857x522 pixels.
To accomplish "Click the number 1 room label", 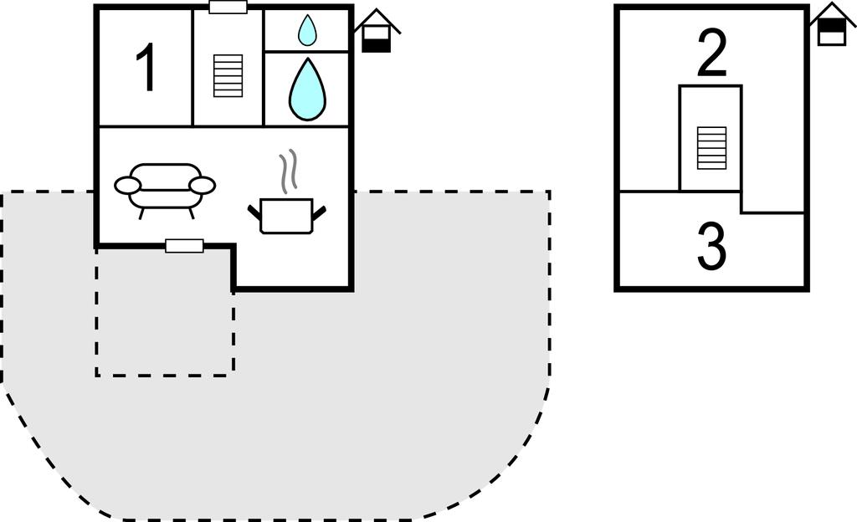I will click(146, 69).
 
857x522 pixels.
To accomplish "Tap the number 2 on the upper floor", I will click(711, 55).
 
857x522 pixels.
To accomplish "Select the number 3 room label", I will click(711, 248).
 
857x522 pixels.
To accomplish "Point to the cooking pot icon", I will click(287, 216).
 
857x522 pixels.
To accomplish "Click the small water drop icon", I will click(307, 32).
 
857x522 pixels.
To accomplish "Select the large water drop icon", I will click(306, 90).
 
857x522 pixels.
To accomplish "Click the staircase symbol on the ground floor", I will click(228, 76).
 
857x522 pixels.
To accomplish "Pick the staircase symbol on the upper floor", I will click(711, 148).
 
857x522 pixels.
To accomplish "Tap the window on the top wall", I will click(228, 8).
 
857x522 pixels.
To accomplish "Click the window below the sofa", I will click(184, 245).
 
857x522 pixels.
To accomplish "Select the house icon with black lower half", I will click(376, 33).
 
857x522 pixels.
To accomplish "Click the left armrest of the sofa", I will click(128, 185).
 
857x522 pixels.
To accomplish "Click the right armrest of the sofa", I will click(203, 185).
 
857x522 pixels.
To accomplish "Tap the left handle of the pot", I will click(254, 211).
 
